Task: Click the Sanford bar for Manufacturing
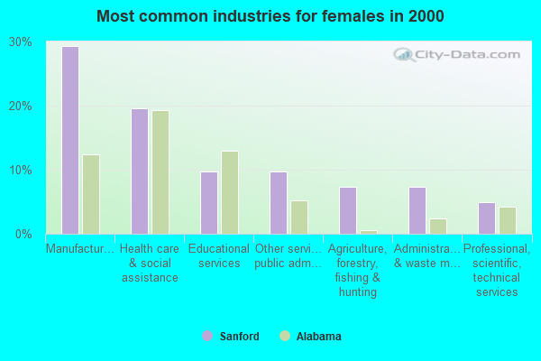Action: pyautogui.click(x=69, y=140)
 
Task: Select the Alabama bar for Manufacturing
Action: pyautogui.click(x=91, y=194)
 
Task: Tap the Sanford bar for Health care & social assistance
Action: pyautogui.click(x=140, y=171)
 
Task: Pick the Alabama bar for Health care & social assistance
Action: pyautogui.click(x=160, y=172)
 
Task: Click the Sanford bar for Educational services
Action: pyautogui.click(x=209, y=203)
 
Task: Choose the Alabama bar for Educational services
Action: pyautogui.click(x=230, y=192)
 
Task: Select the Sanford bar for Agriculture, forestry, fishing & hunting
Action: pyautogui.click(x=348, y=210)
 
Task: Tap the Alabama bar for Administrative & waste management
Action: pyautogui.click(x=438, y=226)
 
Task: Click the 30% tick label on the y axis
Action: pyautogui.click(x=21, y=42)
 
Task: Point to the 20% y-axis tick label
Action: pyautogui.click(x=21, y=106)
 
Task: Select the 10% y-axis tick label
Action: pyautogui.click(x=21, y=171)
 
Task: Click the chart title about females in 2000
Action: pyautogui.click(x=270, y=16)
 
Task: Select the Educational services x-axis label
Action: pyautogui.click(x=219, y=256)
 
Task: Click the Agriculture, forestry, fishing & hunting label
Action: pyautogui.click(x=358, y=270)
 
